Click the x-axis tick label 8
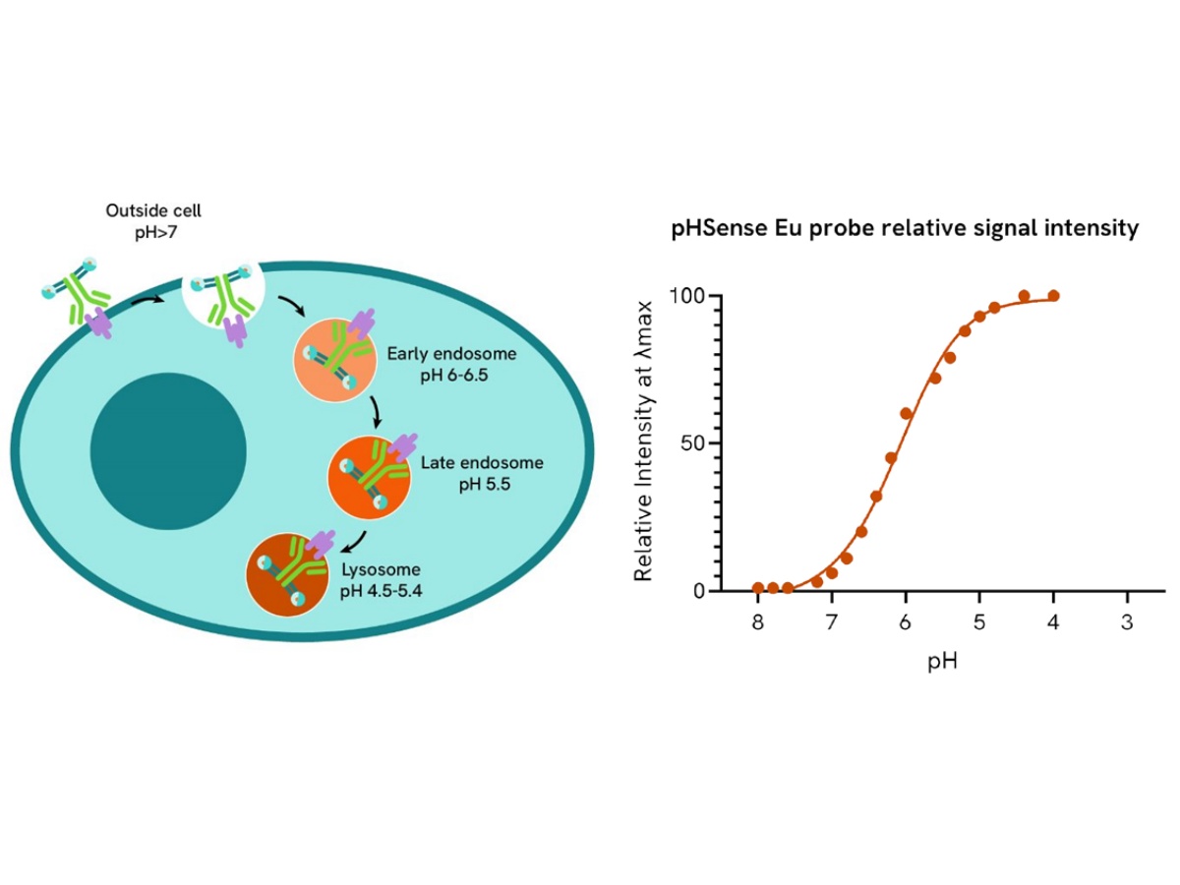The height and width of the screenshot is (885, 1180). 757,623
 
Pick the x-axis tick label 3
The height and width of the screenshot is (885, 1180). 1127,623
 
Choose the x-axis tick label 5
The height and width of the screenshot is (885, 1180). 979,623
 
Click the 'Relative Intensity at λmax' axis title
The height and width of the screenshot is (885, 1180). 645,443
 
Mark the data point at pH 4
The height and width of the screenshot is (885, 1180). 1053,296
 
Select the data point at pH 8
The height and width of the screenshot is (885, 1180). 757,588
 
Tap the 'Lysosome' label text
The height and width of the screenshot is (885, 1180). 381,569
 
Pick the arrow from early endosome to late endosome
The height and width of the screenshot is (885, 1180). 375,412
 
